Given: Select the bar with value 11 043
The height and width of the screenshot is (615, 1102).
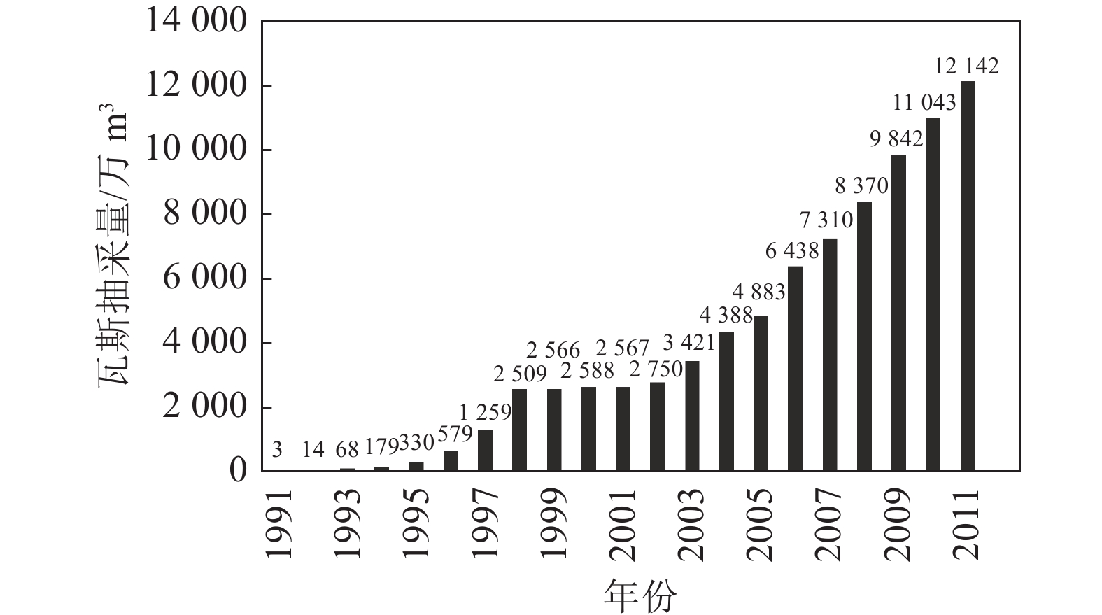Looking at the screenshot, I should [933, 294].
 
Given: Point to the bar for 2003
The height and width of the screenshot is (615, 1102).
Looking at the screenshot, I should [692, 416].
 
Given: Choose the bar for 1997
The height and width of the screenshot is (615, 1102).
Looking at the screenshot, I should [485, 451].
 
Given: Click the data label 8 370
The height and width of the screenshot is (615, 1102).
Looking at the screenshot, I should [861, 186].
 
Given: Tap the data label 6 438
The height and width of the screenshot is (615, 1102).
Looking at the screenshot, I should [790, 251].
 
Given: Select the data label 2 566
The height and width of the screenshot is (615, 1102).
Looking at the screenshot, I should [553, 350].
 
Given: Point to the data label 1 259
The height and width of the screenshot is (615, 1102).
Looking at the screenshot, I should [485, 412].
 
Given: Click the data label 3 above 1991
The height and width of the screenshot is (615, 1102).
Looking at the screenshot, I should [277, 450].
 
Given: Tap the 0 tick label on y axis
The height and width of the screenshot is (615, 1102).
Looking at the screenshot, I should [239, 471].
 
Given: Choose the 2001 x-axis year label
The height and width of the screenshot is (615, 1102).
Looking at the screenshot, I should [622, 525].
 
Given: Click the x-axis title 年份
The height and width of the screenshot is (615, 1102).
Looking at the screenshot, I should [640, 595].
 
